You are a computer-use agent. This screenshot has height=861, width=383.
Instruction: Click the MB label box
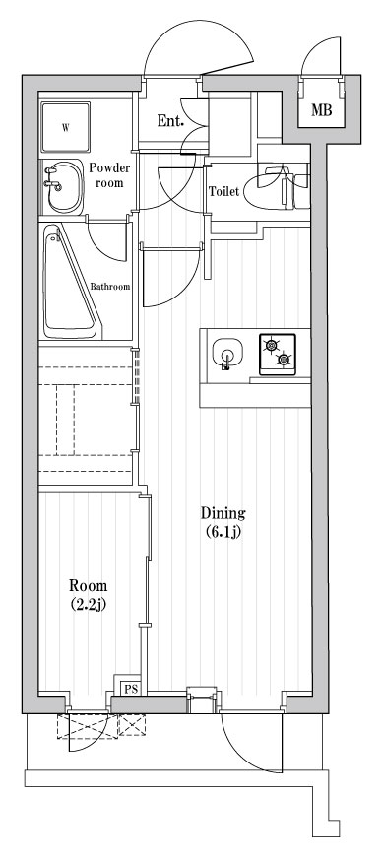pos(321,110)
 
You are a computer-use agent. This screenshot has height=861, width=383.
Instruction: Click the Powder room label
pos(109,176)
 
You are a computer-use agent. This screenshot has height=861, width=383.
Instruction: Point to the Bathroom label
pos(110,287)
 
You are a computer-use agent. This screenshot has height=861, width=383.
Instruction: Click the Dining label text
pos(223,513)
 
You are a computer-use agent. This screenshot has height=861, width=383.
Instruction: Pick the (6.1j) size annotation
pos(223,533)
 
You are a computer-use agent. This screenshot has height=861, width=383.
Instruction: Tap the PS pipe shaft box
pos(130,688)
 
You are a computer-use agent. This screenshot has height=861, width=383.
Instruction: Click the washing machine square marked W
pos(66,127)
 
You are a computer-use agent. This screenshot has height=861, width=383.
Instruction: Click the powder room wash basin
pos(58,184)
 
